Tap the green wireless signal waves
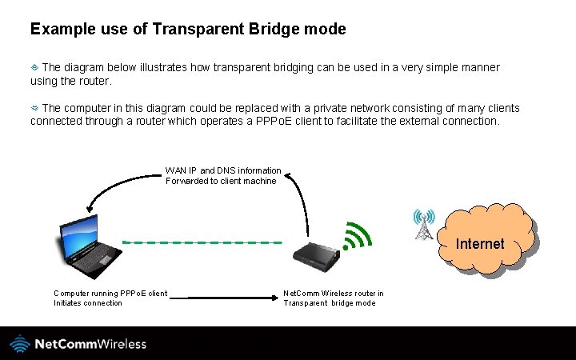[x=358, y=234]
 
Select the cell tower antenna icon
[x=424, y=225]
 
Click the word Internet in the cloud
[x=480, y=244]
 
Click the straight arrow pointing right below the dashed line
[x=223, y=298]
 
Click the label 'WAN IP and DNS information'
[x=223, y=170]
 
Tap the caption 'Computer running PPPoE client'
[x=110, y=293]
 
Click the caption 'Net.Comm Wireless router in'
[x=334, y=293]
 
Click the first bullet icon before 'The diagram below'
[x=34, y=67]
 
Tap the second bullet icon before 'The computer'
[x=34, y=107]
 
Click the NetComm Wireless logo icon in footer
[x=20, y=344]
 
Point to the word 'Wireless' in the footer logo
[x=122, y=344]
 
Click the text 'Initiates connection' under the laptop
[x=88, y=303]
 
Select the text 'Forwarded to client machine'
[x=221, y=181]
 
